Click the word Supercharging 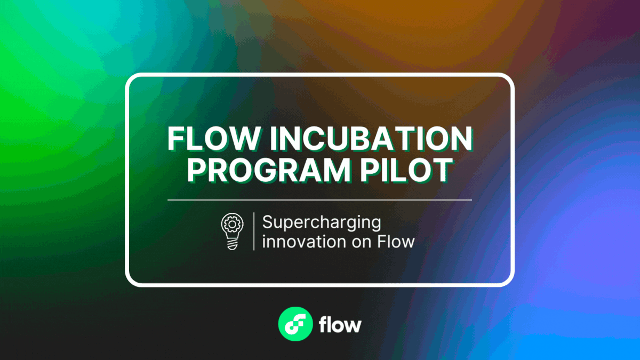(322, 222)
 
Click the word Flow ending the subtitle (396, 241)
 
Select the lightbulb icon (232, 231)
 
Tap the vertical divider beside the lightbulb (253, 231)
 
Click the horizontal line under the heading (320, 200)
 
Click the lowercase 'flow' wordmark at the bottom (340, 324)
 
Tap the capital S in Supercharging (267, 222)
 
